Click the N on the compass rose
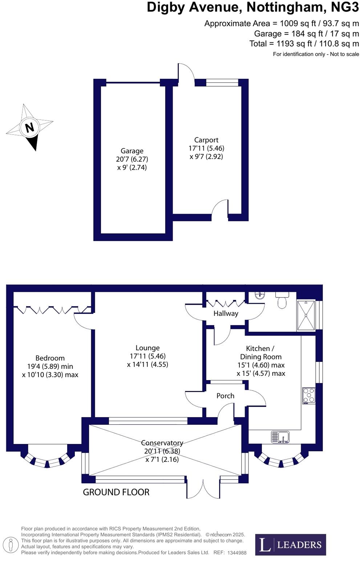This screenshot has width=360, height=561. [29, 128]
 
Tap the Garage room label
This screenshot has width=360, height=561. [132, 151]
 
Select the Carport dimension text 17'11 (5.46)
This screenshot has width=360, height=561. [206, 148]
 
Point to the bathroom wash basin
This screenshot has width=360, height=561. [260, 296]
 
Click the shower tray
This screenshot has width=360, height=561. [306, 316]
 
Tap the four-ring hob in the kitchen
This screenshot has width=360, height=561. [309, 396]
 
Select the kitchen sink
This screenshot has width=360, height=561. [280, 437]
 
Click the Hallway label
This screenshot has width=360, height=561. [226, 313]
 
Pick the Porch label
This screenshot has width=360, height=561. [225, 396]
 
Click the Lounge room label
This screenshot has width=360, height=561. [147, 348]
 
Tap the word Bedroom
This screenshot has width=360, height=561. [50, 358]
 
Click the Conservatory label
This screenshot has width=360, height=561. [162, 443]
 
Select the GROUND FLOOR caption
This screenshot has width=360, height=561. [116, 492]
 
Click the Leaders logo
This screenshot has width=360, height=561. [290, 544]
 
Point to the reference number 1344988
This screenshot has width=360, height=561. [237, 553]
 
